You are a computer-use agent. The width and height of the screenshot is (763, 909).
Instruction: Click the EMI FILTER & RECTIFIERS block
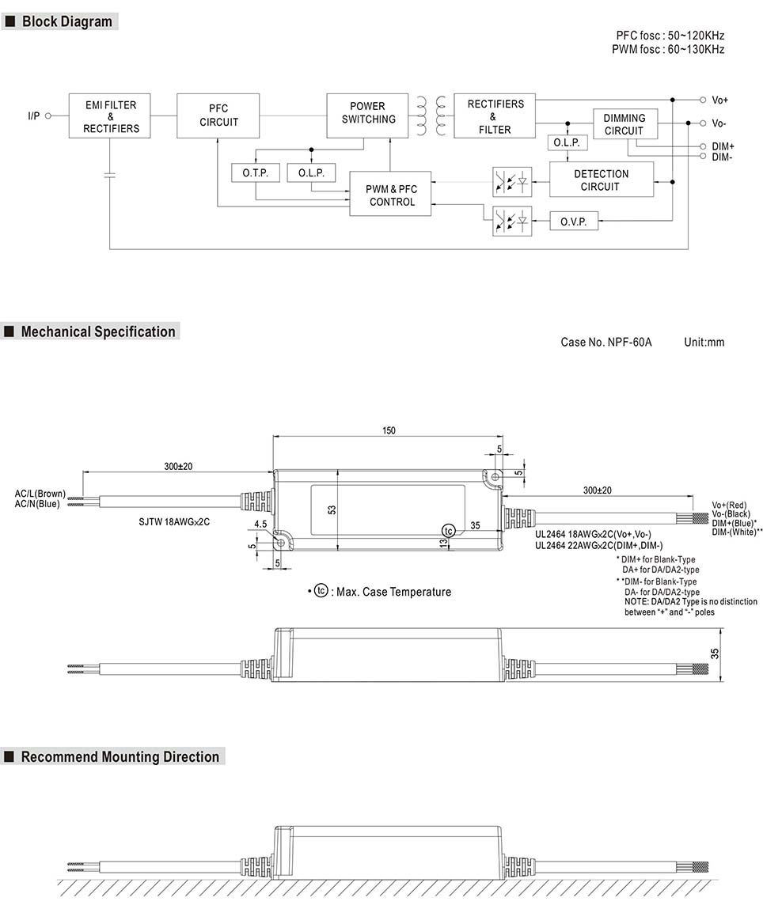(111, 116)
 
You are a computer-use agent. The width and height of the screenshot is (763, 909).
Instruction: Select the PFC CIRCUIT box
(218, 116)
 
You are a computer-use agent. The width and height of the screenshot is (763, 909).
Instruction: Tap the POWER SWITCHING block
(368, 113)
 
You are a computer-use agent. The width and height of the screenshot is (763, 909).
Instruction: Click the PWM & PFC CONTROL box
(391, 195)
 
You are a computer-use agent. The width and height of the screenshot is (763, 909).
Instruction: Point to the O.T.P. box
(255, 172)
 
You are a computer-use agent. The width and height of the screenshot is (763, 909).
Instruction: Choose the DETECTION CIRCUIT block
(601, 180)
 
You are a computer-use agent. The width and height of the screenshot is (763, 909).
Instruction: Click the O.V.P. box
(573, 222)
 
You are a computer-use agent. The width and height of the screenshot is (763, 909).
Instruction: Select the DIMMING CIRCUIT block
(624, 124)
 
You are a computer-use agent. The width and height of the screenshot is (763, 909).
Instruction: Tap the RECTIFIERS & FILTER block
(495, 116)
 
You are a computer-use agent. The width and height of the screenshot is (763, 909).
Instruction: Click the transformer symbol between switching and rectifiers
(431, 116)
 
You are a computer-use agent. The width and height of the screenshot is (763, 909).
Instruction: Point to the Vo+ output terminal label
(719, 100)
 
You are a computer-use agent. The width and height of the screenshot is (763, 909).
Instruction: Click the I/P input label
(33, 116)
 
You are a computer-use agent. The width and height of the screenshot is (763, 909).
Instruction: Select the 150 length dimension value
(389, 431)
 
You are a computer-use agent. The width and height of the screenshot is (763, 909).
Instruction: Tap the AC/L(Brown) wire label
(40, 494)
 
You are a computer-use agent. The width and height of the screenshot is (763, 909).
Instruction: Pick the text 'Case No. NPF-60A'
(605, 343)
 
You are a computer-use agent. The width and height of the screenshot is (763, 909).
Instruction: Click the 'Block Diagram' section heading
(66, 22)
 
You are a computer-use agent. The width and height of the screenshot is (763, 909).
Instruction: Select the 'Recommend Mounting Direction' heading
(120, 757)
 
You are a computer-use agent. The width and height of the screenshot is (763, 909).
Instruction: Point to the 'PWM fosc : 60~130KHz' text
(667, 50)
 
